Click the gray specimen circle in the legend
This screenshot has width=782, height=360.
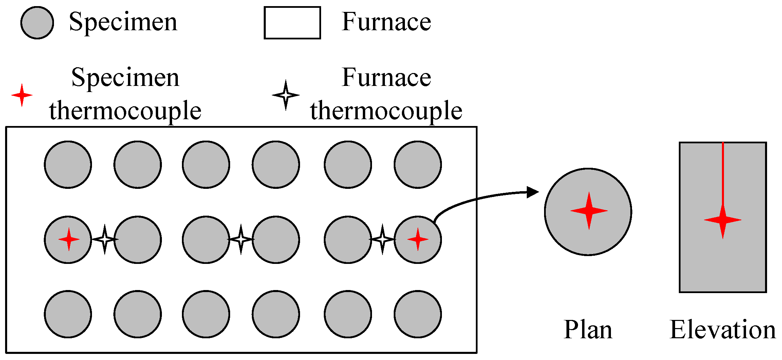(x=37, y=23)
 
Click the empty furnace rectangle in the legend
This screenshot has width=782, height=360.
(x=292, y=23)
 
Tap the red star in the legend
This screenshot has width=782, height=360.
(x=22, y=95)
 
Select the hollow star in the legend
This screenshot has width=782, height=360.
(x=286, y=95)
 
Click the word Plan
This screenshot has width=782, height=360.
(x=588, y=329)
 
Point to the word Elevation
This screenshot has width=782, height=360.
(x=723, y=329)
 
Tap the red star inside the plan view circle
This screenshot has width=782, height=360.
(x=589, y=211)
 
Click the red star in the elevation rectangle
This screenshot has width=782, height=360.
(x=723, y=220)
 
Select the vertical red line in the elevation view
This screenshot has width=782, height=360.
(x=723, y=173)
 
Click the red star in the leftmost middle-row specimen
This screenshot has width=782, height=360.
(x=69, y=239)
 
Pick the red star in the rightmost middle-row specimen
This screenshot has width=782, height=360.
(x=418, y=239)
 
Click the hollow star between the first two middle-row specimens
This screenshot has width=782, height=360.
(x=105, y=239)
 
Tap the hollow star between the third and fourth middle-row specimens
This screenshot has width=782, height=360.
(x=241, y=239)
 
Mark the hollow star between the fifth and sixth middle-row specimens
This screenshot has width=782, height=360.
(x=383, y=239)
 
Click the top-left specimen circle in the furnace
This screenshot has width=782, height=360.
(x=68, y=165)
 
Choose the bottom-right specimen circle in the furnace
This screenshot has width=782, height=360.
(x=418, y=314)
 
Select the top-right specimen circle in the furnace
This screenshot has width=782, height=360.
(x=418, y=165)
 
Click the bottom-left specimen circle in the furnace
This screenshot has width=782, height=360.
(x=68, y=314)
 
